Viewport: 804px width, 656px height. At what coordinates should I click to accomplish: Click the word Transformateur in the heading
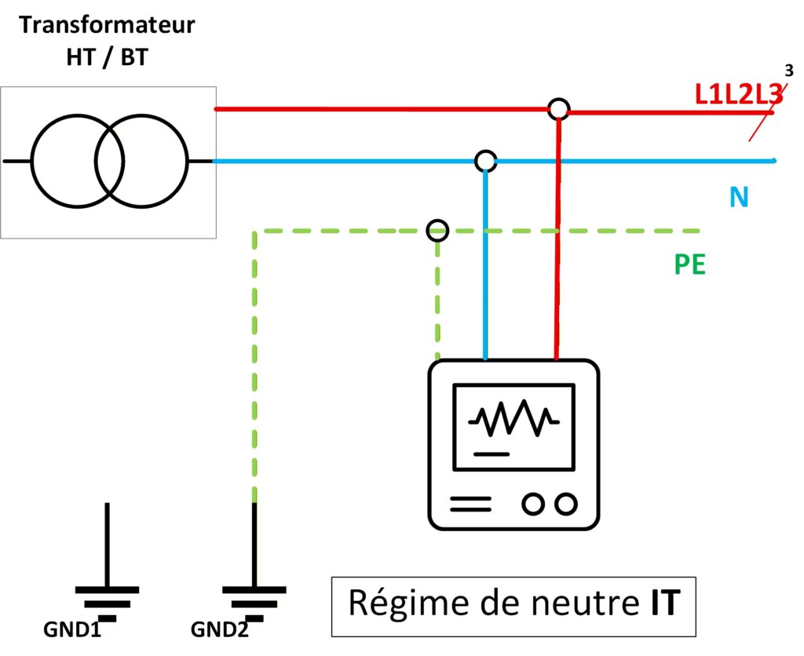click(107, 24)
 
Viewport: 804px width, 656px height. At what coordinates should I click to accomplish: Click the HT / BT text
click(107, 57)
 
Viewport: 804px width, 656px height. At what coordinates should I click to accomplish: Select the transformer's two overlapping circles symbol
click(110, 162)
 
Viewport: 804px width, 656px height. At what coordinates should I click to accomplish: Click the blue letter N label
click(738, 196)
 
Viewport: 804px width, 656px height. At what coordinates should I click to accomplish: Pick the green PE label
click(690, 264)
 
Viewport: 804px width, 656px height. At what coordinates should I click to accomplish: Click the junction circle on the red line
click(557, 109)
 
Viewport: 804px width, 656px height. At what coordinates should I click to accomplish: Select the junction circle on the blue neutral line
click(485, 162)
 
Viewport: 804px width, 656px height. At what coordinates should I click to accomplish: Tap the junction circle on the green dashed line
click(437, 231)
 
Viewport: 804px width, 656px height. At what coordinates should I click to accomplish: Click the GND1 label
click(72, 631)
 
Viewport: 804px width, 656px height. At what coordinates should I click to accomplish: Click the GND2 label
click(220, 631)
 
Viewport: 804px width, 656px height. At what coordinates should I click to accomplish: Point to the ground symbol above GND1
click(108, 596)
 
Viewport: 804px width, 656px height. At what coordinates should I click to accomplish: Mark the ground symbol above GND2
click(254, 596)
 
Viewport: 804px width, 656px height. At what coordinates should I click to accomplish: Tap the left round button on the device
click(534, 503)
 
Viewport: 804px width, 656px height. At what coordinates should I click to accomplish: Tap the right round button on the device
click(565, 503)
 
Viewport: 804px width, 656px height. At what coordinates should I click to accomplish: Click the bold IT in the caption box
click(662, 605)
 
